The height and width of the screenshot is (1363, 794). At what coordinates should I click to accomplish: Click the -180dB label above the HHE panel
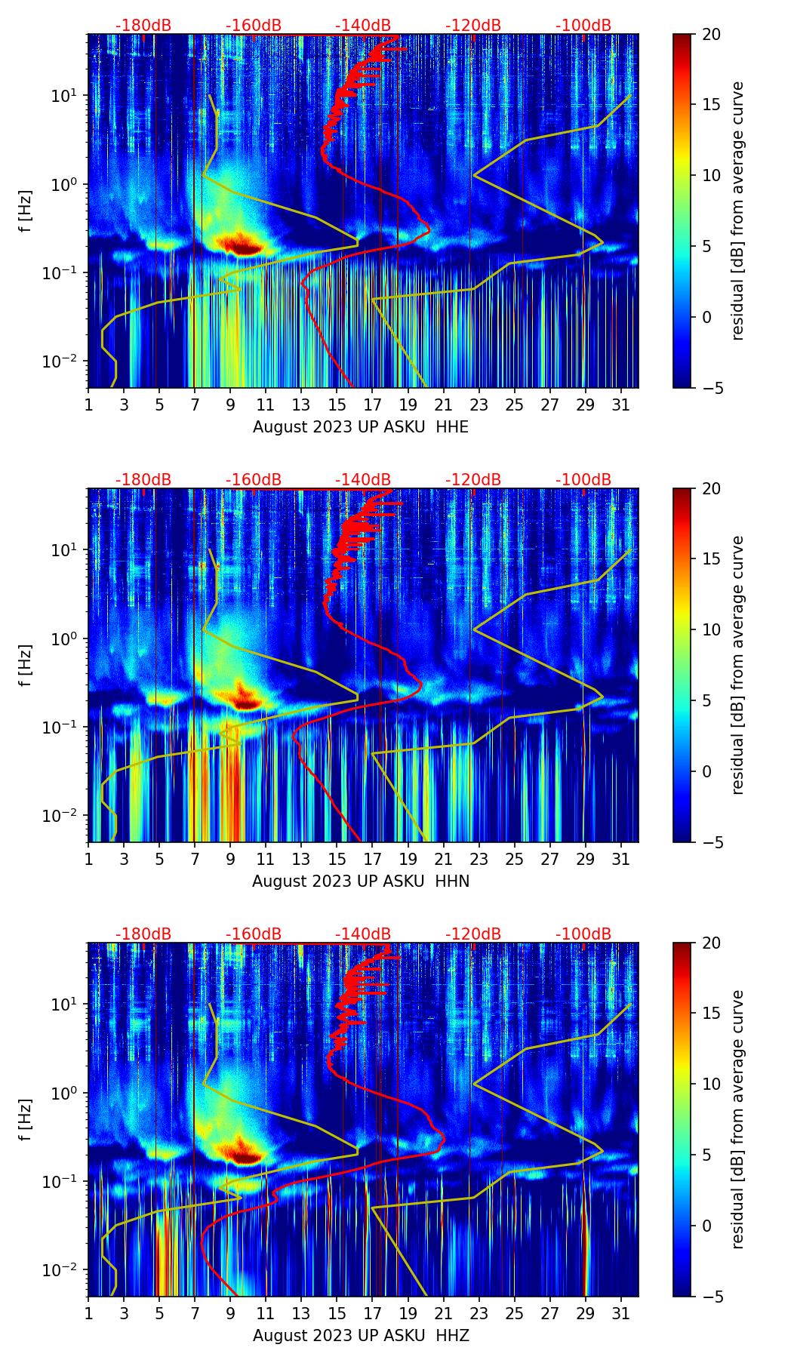coord(143,26)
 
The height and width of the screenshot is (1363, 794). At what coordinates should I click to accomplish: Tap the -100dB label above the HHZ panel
coord(583,934)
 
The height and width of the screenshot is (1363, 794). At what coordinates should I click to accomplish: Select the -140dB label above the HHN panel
coord(363,480)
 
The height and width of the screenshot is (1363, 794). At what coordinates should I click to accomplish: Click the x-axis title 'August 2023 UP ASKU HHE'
coord(360,427)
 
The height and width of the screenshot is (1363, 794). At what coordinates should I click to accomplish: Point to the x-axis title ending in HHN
coord(360,881)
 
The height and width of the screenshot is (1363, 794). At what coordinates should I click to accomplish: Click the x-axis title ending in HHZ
coord(360,1336)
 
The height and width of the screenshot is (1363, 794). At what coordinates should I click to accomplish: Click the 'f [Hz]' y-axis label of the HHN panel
coord(26,665)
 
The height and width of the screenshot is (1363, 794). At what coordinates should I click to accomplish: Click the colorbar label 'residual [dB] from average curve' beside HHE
coord(737,211)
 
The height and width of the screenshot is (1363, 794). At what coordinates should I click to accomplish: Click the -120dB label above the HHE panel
coord(473,26)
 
